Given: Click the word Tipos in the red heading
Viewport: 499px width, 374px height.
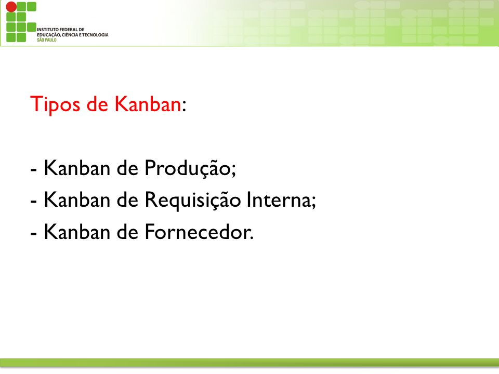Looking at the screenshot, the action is click(x=55, y=104).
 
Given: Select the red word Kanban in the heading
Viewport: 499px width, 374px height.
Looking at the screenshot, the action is click(x=148, y=104).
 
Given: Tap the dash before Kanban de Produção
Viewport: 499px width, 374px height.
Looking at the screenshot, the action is click(x=33, y=170).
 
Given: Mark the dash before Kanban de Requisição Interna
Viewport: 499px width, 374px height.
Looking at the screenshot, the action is click(x=33, y=202).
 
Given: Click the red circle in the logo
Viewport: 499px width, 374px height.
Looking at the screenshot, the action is click(x=11, y=7).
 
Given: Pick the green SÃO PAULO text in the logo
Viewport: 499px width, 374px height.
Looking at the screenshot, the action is click(x=46, y=40).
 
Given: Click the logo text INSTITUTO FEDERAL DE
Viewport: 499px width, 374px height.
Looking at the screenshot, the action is click(x=60, y=30).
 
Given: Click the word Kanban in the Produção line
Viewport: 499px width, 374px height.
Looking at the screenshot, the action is click(x=77, y=168).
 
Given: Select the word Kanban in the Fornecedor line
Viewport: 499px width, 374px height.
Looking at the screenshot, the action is click(x=77, y=232).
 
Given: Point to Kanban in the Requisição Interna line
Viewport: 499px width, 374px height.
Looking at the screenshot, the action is click(x=77, y=199).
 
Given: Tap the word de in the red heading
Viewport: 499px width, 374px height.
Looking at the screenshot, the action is click(x=97, y=104).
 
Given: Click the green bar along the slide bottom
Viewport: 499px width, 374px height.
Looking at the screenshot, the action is click(x=249, y=363).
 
